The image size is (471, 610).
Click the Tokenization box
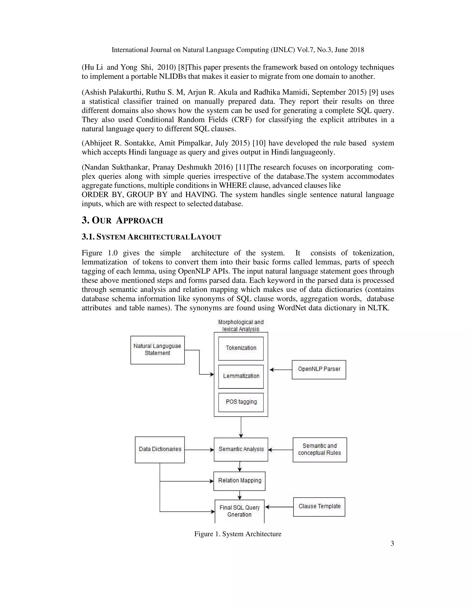point(241,348)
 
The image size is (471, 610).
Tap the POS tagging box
point(241,402)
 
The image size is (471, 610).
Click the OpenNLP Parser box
point(319,369)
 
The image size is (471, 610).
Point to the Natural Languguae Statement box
point(157,350)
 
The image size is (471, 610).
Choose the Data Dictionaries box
point(160,449)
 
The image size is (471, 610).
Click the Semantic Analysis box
point(241,449)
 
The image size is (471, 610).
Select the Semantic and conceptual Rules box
point(319,449)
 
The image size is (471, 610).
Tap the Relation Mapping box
point(239,481)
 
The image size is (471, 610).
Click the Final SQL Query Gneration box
point(239,511)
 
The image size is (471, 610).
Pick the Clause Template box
point(319,506)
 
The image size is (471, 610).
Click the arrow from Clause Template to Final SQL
point(279,507)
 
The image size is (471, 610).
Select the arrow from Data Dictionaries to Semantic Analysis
point(199,450)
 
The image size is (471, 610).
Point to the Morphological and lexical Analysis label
point(241,325)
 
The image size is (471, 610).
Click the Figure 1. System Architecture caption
point(238,534)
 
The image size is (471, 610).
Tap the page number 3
point(392,543)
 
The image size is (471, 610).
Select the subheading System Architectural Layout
point(151,237)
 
